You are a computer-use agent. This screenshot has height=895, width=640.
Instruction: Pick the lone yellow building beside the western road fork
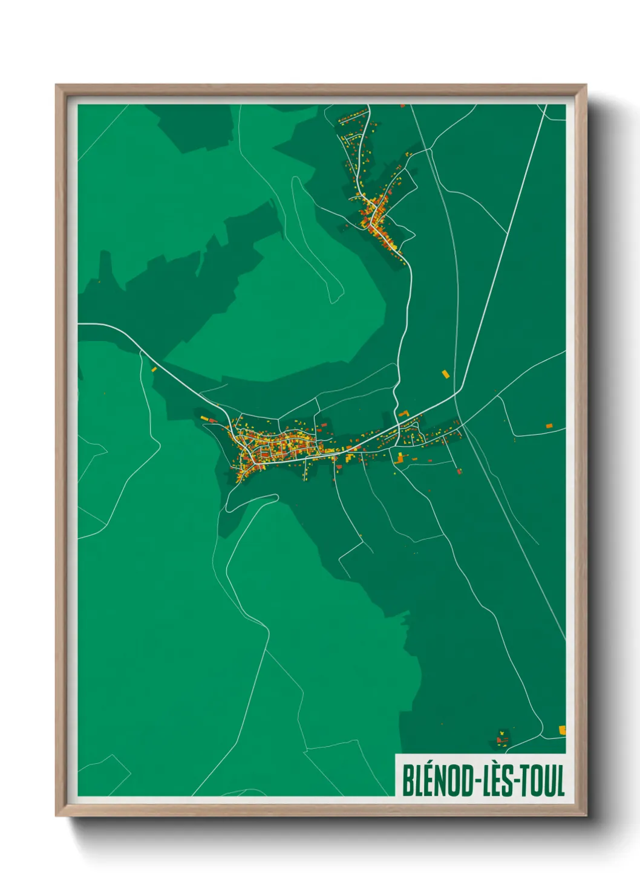(x=154, y=369)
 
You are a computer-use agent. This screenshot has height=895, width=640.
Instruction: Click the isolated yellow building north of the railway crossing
(x=446, y=374)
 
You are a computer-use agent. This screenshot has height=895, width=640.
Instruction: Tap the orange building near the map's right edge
(x=549, y=426)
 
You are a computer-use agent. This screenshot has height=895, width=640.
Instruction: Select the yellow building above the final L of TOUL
(x=562, y=730)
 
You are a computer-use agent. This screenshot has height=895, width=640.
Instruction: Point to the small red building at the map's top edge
(x=402, y=106)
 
